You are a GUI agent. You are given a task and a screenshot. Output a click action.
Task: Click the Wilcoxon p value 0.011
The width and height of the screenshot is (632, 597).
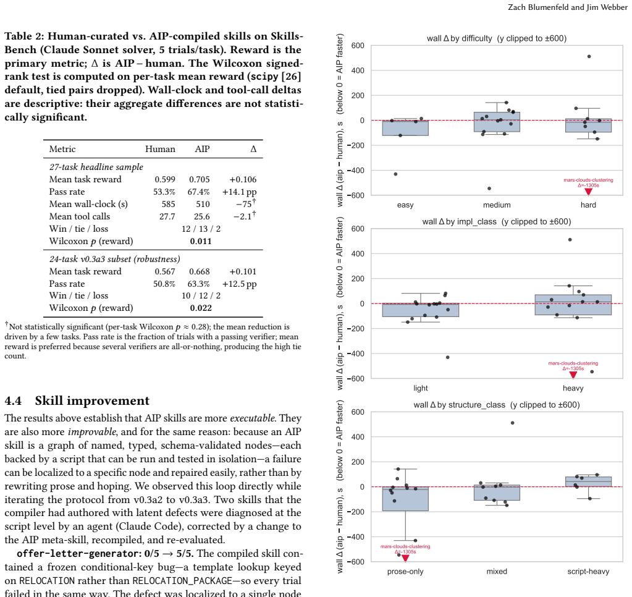pyautogui.click(x=201, y=241)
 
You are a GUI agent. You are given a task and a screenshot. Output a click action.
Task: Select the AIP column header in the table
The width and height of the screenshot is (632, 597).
pyautogui.click(x=203, y=149)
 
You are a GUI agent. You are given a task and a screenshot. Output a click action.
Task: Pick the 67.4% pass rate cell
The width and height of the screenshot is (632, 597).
pyautogui.click(x=198, y=192)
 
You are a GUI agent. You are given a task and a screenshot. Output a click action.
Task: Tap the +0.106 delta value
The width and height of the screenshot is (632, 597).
pyautogui.click(x=243, y=179)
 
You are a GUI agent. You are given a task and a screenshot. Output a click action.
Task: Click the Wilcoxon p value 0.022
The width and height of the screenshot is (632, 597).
pyautogui.click(x=201, y=308)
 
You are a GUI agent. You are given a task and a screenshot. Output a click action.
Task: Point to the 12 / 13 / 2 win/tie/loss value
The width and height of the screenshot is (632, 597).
pyautogui.click(x=201, y=229)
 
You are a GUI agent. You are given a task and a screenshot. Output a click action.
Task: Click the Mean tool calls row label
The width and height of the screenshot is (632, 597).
pyautogui.click(x=80, y=216)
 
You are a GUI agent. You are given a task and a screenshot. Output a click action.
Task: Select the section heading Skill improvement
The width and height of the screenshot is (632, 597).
pyautogui.click(x=92, y=400)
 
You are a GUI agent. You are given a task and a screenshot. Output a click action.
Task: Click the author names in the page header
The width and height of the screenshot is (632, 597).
pyautogui.click(x=568, y=7)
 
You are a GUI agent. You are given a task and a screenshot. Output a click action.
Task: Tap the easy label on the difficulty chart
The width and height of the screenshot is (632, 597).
pyautogui.click(x=405, y=205)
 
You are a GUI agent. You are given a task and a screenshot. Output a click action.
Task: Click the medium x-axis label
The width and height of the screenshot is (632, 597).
pyautogui.click(x=497, y=205)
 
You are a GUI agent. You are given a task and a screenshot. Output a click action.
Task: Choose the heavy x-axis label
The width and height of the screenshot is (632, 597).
pyautogui.click(x=573, y=388)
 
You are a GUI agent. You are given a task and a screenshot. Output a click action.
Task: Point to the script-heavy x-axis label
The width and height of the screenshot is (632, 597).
pyautogui.click(x=588, y=571)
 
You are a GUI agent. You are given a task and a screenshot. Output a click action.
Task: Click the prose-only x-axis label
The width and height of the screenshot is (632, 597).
pyautogui.click(x=405, y=571)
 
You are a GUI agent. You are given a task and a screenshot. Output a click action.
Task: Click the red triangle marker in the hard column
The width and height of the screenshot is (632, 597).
pyautogui.click(x=589, y=192)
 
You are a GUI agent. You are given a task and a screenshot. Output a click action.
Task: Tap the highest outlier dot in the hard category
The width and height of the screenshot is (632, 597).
pyautogui.click(x=589, y=56)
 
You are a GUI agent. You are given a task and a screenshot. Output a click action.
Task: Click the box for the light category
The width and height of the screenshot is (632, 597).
pyautogui.click(x=420, y=310)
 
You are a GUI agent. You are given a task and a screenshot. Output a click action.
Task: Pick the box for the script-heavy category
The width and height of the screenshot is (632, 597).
pyautogui.click(x=588, y=481)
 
